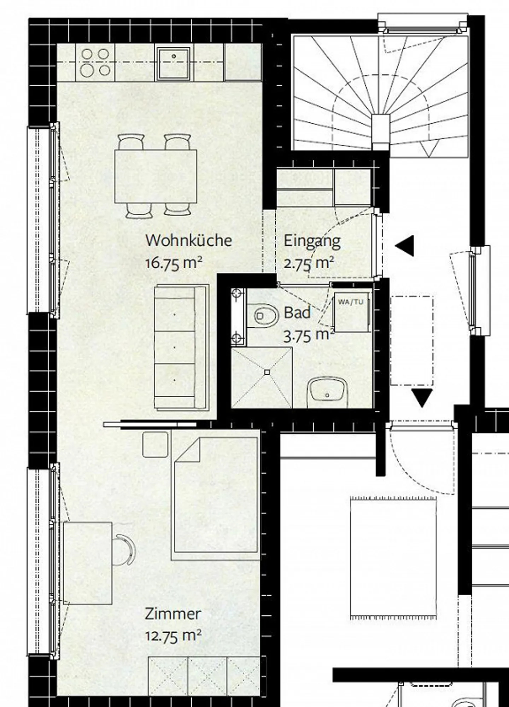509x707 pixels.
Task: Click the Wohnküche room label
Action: tap(188, 240)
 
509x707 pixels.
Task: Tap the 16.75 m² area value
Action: tap(174, 263)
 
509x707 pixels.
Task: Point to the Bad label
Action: tap(297, 313)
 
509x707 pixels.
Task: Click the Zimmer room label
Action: tap(173, 614)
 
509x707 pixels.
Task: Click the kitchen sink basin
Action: tap(174, 63)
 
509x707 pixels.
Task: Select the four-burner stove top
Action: tap(95, 63)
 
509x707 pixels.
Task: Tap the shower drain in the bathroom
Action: tap(267, 372)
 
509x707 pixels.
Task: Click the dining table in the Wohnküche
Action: tap(156, 176)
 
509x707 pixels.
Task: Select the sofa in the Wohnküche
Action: tap(180, 347)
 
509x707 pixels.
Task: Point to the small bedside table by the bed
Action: tap(155, 444)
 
